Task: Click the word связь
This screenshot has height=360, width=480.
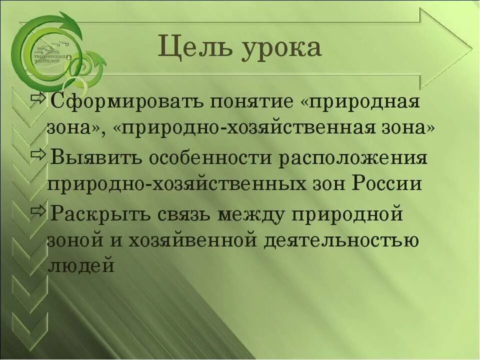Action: coord(185,214)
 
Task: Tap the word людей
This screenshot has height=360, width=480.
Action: coord(81,265)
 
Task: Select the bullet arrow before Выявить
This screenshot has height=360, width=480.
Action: coord(38,153)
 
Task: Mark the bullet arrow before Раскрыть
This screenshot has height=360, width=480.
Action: coord(38,209)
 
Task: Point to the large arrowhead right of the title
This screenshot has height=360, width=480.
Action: coord(445,48)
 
